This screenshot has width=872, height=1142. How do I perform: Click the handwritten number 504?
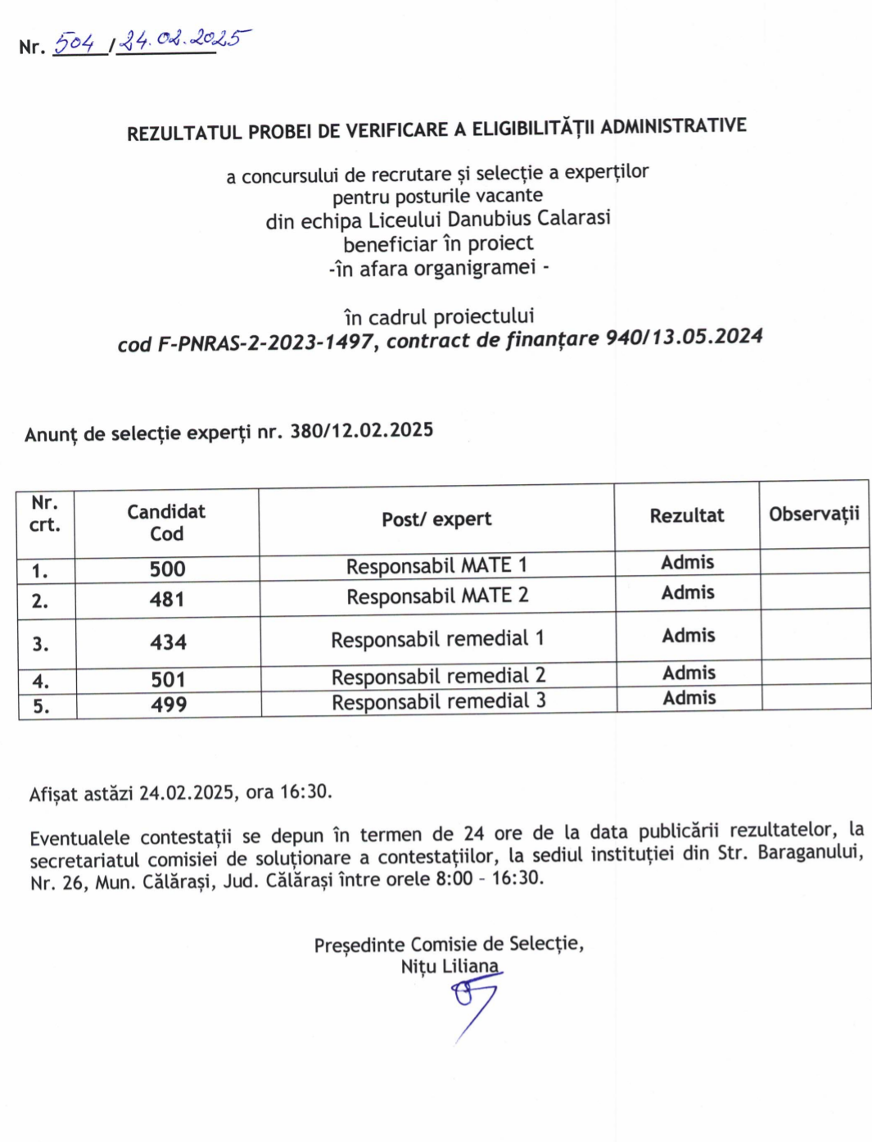[75, 42]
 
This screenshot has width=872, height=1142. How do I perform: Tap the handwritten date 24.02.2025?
[183, 39]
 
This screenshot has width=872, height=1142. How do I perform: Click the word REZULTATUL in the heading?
[183, 133]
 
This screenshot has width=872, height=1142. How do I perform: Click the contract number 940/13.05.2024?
[684, 337]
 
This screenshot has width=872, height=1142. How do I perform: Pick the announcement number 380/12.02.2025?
[361, 430]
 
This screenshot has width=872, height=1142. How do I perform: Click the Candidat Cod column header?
[166, 523]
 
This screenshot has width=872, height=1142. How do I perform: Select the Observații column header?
[814, 514]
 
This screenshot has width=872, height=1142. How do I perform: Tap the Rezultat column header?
[687, 515]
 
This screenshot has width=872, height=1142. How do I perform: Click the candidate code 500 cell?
[167, 569]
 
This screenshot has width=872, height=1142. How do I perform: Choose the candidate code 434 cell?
[168, 642]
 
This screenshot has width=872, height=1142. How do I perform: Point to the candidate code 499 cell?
[169, 705]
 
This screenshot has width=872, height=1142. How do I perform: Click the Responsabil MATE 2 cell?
[437, 596]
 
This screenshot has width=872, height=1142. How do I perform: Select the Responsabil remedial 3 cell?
[439, 701]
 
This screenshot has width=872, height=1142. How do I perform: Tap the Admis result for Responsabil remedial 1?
[689, 636]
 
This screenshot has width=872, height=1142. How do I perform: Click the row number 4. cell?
[41, 681]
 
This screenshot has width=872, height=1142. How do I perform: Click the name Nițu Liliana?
[450, 967]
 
